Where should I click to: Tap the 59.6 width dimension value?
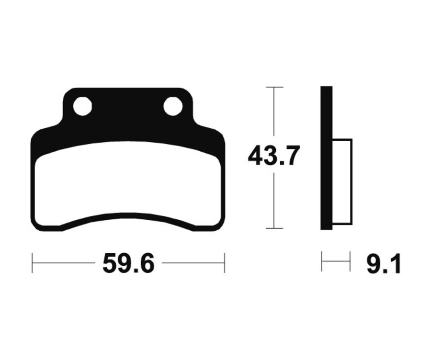tap(128, 264)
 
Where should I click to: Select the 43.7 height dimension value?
tap(273, 156)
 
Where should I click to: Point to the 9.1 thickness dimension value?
tap(383, 264)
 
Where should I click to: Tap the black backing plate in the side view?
tap(327, 158)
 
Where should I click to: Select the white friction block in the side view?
tap(342, 182)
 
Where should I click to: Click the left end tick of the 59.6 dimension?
tap(33, 263)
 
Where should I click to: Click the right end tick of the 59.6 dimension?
tap(225, 263)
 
